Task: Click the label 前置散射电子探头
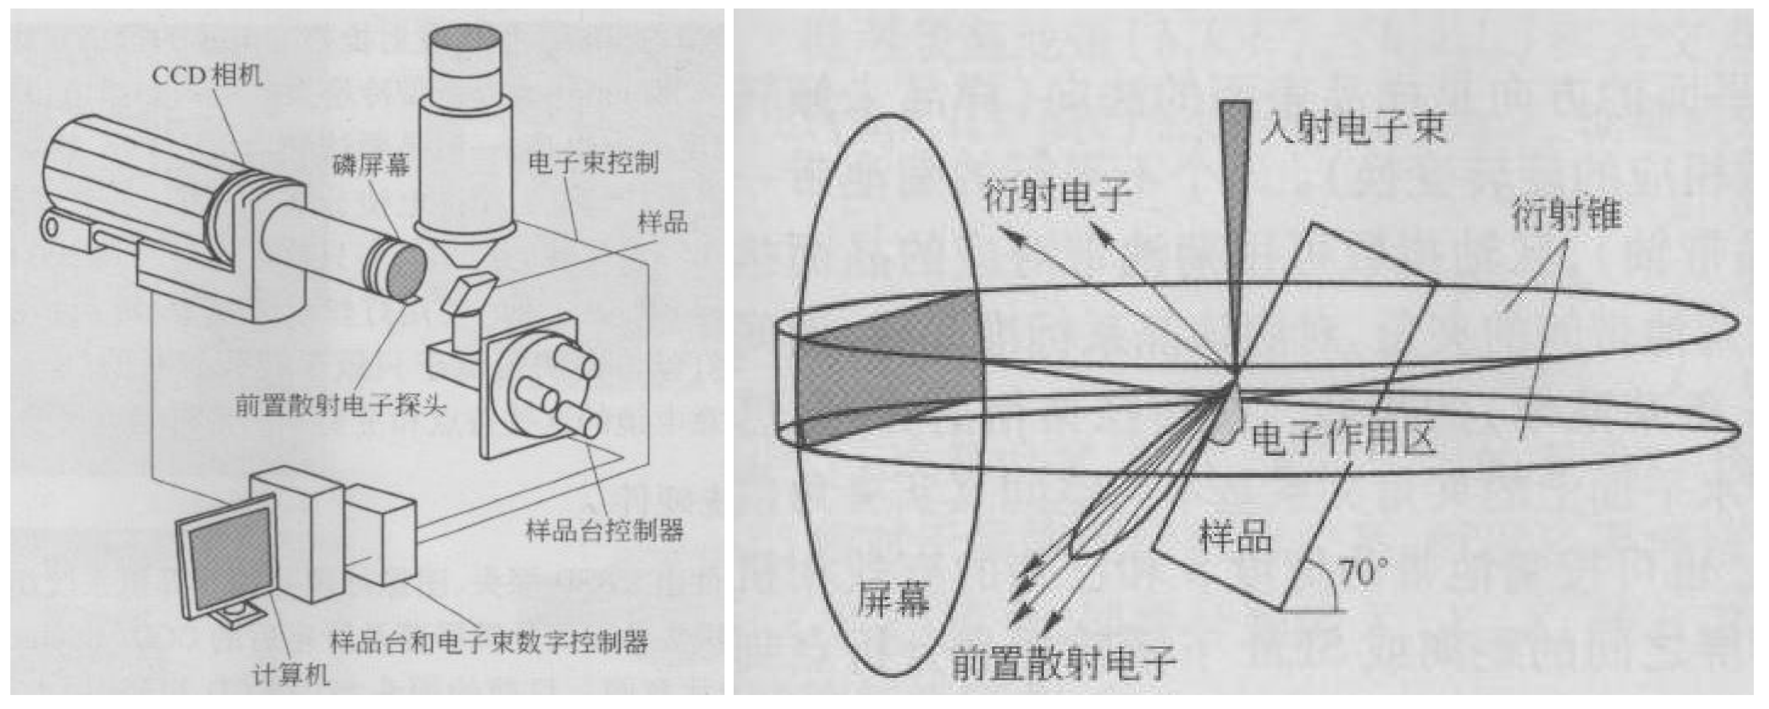341,406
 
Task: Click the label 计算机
291,676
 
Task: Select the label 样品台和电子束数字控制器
489,642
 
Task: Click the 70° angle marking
1363,571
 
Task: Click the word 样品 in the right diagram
1235,536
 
